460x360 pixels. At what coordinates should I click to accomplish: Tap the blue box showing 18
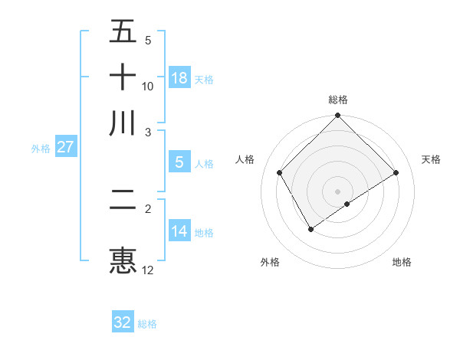(179, 78)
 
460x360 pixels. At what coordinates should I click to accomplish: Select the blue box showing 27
(65, 147)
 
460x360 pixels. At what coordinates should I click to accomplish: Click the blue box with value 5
(179, 162)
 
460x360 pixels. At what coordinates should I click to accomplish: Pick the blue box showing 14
(179, 231)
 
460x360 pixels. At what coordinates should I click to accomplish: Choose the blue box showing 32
(123, 322)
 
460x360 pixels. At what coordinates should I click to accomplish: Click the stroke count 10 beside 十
(148, 86)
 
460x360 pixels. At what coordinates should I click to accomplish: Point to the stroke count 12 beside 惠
(148, 270)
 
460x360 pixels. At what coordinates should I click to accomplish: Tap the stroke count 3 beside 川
(148, 132)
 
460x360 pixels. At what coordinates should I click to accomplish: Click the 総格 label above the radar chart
(338, 100)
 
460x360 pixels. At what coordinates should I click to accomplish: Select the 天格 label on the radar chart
(432, 159)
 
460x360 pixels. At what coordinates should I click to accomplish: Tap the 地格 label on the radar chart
(402, 262)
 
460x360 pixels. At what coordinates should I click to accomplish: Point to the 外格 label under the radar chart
(270, 262)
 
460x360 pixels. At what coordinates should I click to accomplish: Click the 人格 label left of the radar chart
(245, 159)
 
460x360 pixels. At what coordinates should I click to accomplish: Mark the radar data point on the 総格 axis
(338, 116)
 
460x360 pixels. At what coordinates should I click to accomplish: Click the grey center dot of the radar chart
(338, 191)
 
